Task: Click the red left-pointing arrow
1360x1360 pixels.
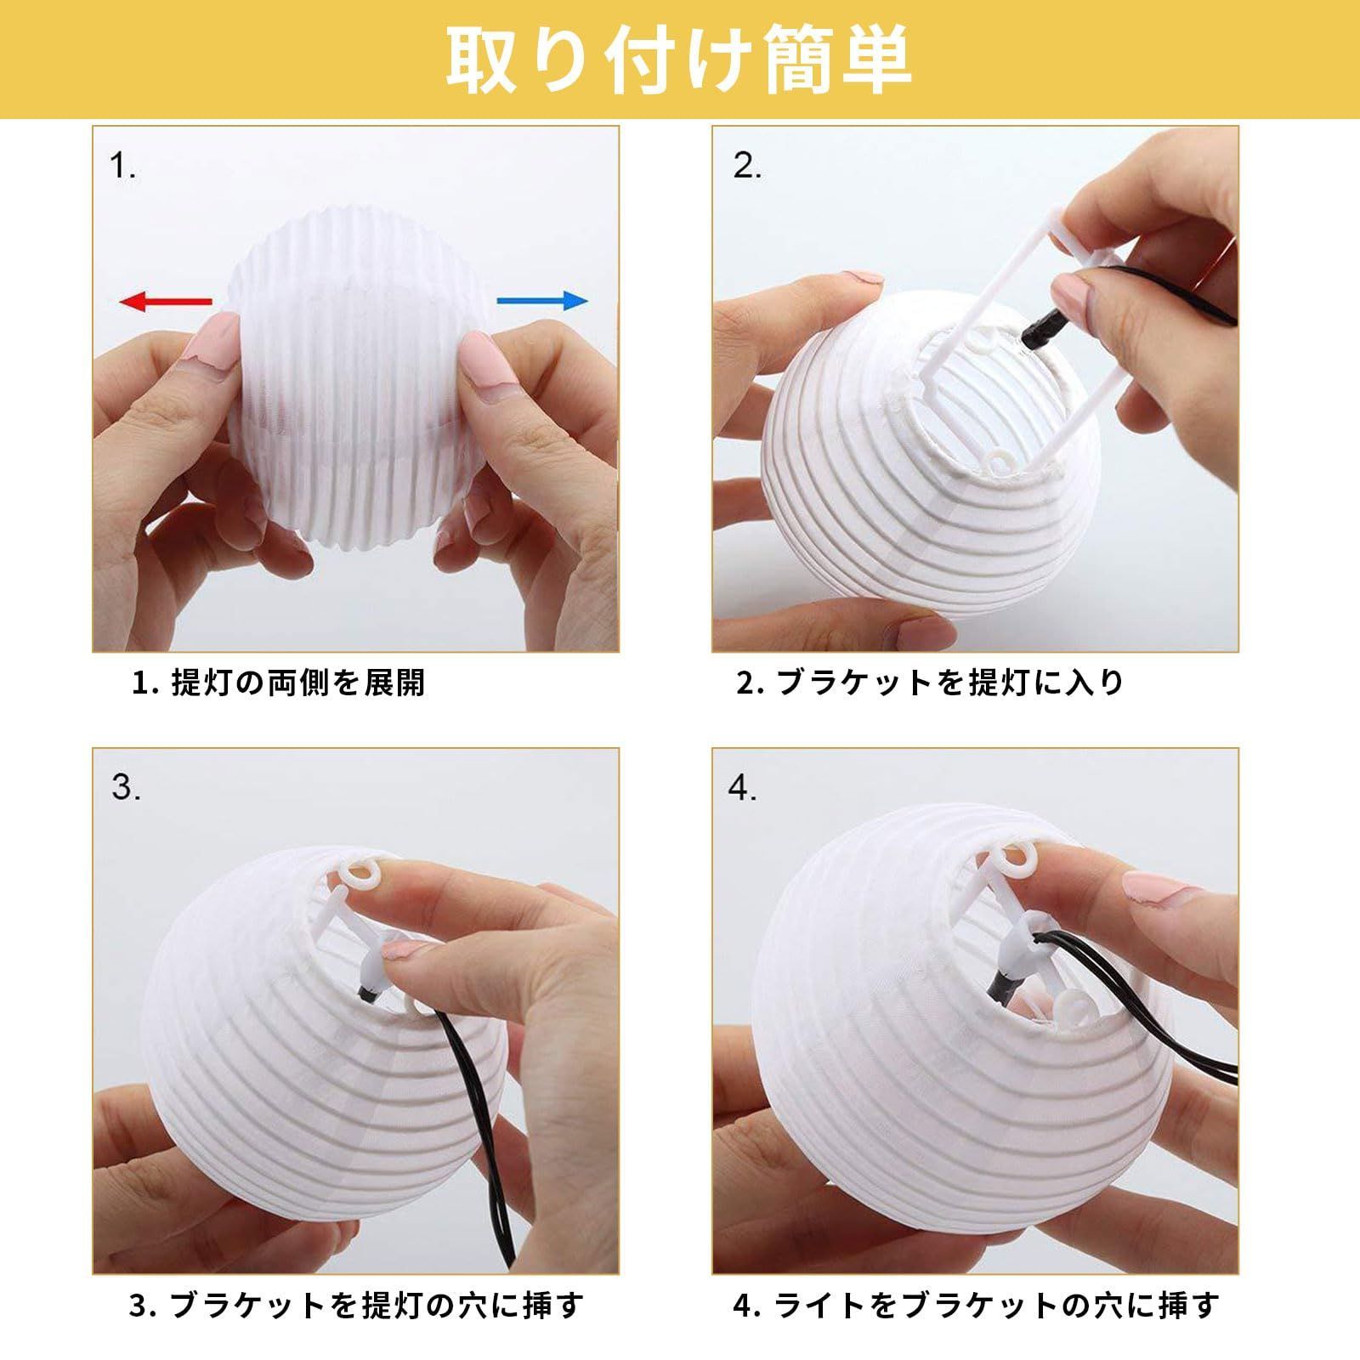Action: click(x=165, y=301)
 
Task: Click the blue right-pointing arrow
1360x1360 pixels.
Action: click(x=541, y=300)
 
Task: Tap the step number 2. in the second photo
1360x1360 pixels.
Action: click(x=747, y=167)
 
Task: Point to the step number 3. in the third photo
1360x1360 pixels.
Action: click(x=126, y=788)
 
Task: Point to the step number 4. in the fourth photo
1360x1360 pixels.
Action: click(x=743, y=788)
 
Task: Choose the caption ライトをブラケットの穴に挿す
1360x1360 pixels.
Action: click(x=997, y=1305)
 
